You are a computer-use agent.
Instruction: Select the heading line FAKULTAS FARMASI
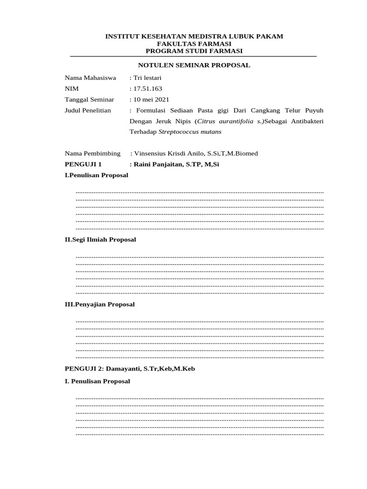[x=194, y=43]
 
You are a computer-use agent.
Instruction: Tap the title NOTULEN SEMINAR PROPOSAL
[x=194, y=65]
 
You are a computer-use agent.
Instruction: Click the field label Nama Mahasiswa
[x=90, y=78]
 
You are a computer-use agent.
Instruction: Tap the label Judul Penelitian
[x=88, y=110]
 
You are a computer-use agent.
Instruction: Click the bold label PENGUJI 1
[x=83, y=164]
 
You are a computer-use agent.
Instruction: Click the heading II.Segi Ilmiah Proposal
[x=100, y=240]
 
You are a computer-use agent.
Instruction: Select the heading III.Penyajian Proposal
[x=100, y=304]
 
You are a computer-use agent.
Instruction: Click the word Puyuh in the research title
[x=313, y=110]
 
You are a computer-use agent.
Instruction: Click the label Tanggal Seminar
[x=89, y=99]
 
